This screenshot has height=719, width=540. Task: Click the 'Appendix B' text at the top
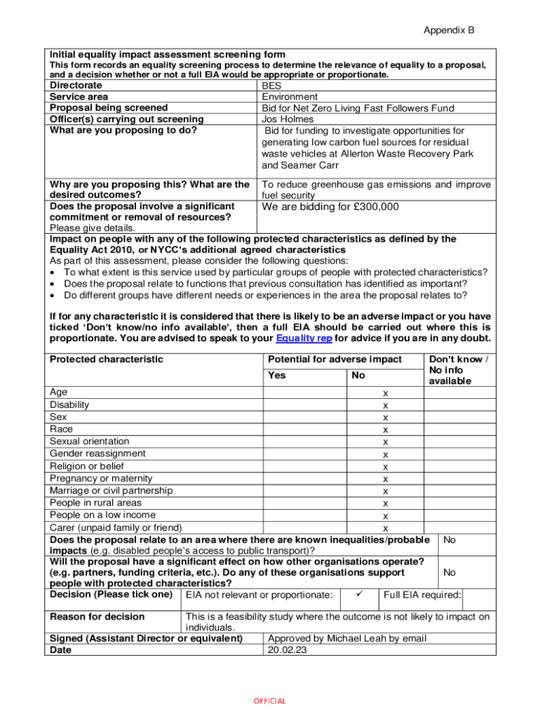pyautogui.click(x=449, y=31)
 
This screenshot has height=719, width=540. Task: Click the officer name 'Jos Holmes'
pyautogui.click(x=288, y=119)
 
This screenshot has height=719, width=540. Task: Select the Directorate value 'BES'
pyautogui.click(x=272, y=86)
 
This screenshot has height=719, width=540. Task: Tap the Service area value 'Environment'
pyautogui.click(x=290, y=97)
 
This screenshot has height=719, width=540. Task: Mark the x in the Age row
pyautogui.click(x=385, y=393)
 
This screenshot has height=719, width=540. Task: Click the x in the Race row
pyautogui.click(x=385, y=430)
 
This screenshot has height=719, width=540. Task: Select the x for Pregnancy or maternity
pyautogui.click(x=385, y=479)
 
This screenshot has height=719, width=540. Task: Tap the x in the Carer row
pyautogui.click(x=385, y=528)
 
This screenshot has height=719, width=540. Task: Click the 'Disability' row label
pyautogui.click(x=69, y=405)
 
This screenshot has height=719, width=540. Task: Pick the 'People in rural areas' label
pyautogui.click(x=95, y=503)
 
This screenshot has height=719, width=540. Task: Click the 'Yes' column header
pyautogui.click(x=277, y=376)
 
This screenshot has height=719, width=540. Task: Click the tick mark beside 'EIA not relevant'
pyautogui.click(x=358, y=595)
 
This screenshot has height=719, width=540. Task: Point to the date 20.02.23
pyautogui.click(x=288, y=650)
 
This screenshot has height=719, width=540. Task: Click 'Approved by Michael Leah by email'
pyautogui.click(x=347, y=639)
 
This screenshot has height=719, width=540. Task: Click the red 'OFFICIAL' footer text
pyautogui.click(x=269, y=701)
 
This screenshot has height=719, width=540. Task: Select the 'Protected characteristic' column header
pyautogui.click(x=107, y=359)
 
